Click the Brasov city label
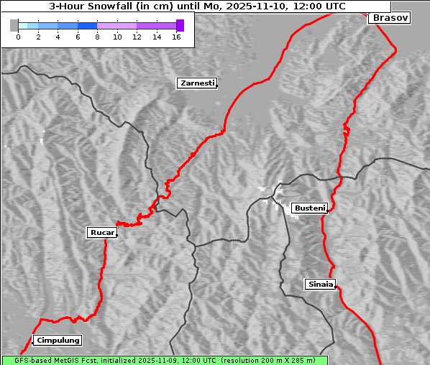(x=390, y=18)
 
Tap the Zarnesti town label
(x=196, y=83)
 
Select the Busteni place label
(x=309, y=208)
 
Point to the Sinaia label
(x=320, y=284)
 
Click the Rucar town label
(x=101, y=232)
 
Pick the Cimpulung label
(x=58, y=340)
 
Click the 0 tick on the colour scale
(x=18, y=37)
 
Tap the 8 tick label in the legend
(x=97, y=37)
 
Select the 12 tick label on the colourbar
(x=137, y=37)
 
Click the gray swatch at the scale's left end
(x=14, y=25)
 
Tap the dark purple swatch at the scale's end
(x=180, y=25)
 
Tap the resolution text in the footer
(x=267, y=360)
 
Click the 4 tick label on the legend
(x=58, y=37)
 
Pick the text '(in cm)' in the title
(x=163, y=6)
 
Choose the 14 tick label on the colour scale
(x=156, y=37)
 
